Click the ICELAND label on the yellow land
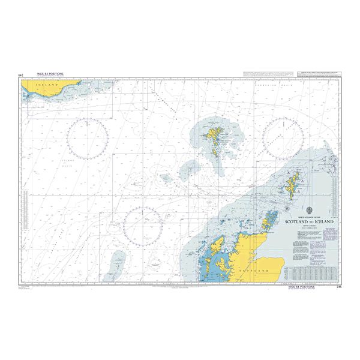[x=49, y=86]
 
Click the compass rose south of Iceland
[x=88, y=136]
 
